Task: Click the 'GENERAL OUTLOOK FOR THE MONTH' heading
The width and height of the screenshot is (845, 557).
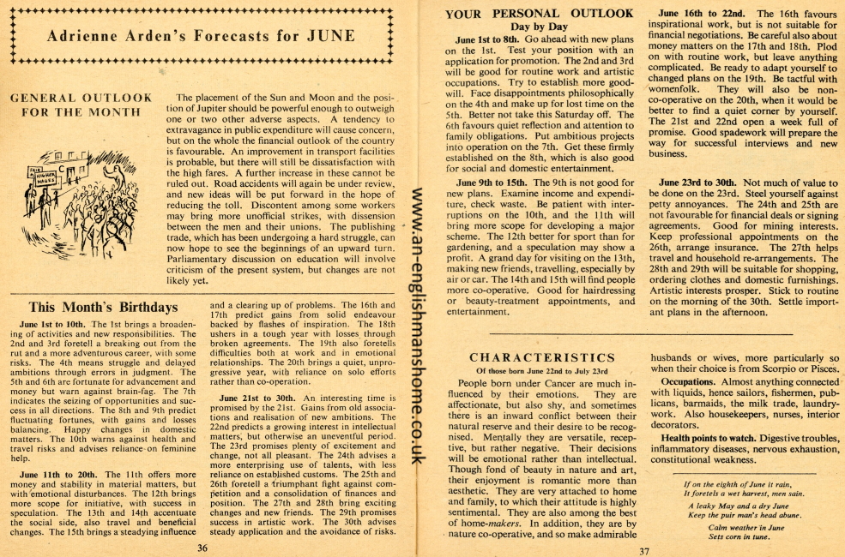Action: (81, 105)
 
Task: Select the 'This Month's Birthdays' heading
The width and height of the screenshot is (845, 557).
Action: (103, 307)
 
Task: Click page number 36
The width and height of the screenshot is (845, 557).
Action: (202, 547)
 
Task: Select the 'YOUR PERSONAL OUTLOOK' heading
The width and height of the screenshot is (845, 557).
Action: (540, 14)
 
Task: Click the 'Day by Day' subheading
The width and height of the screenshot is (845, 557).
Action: (540, 27)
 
